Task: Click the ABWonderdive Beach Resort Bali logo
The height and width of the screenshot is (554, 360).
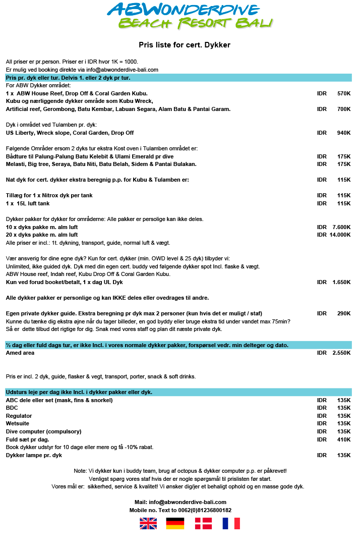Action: tap(190, 16)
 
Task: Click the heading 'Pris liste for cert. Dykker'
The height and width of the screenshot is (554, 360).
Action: tap(185, 45)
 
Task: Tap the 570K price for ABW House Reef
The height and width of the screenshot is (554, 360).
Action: tap(343, 93)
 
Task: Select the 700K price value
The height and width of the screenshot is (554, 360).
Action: tap(343, 109)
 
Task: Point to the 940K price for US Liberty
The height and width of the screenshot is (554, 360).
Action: tap(343, 133)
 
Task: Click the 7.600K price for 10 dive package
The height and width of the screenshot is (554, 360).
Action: tap(341, 227)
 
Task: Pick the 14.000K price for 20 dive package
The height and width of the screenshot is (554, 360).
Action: tap(340, 235)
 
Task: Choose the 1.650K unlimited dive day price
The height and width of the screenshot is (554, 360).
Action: tap(341, 282)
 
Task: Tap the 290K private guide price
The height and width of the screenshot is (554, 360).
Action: tap(343, 313)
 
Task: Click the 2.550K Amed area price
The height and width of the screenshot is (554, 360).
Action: tap(341, 353)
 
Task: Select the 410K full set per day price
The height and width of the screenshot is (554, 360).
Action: tap(343, 439)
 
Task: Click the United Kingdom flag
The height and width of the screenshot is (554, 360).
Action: tap(148, 523)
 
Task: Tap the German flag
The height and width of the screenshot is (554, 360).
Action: tap(175, 523)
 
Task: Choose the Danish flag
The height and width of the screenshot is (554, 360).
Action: tap(203, 523)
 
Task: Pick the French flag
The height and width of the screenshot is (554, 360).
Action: tap(231, 523)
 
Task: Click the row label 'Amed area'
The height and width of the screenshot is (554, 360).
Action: tap(20, 353)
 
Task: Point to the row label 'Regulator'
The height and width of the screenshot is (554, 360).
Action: tap(19, 416)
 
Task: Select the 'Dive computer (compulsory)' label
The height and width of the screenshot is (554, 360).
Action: tap(43, 431)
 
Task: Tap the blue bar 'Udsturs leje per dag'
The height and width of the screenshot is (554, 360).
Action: tap(178, 392)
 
